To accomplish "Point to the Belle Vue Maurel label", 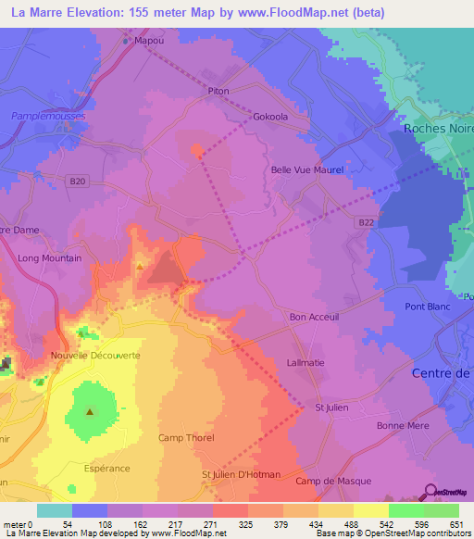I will [306, 170].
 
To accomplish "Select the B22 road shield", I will [368, 222].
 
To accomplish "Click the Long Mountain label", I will [49, 258].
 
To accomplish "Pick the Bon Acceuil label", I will [315, 317].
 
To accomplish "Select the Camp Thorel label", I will [186, 438].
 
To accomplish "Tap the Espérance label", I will [106, 469].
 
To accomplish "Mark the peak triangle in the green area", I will [90, 411].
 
